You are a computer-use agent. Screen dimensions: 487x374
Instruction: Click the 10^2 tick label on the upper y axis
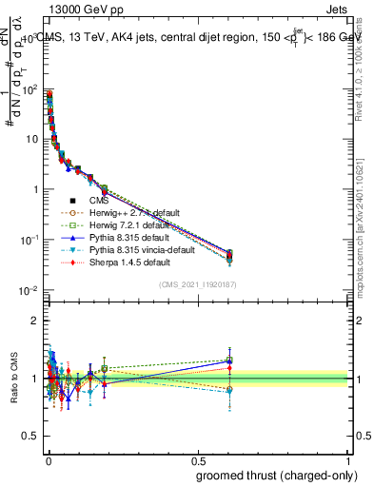coord(30,89)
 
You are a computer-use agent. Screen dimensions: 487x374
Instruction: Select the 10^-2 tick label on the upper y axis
coord(30,290)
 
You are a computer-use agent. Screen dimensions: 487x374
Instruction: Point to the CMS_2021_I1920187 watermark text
coord(198,284)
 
